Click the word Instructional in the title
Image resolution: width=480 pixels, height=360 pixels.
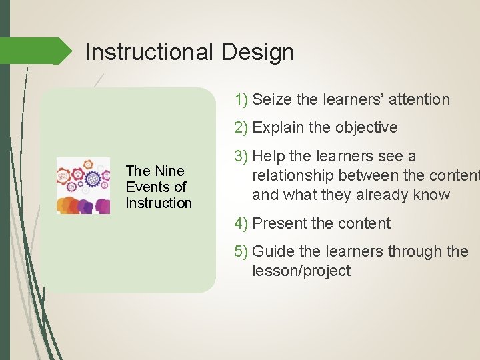click(x=148, y=52)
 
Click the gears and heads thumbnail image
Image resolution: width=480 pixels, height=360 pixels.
click(x=83, y=186)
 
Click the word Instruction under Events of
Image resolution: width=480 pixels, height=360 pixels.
click(x=159, y=203)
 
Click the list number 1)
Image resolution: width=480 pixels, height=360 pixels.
click(x=241, y=100)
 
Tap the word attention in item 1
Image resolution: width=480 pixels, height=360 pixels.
click(x=418, y=100)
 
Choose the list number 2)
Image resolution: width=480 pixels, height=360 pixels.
click(x=241, y=128)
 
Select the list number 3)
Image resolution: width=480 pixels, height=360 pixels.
click(x=241, y=156)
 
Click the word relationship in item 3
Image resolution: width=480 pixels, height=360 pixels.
click(x=293, y=175)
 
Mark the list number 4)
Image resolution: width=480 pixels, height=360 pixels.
click(x=241, y=223)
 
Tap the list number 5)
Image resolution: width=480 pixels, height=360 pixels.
click(x=241, y=251)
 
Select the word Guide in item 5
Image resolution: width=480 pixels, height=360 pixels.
click(x=274, y=251)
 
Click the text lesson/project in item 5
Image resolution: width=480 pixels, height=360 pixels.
click(x=301, y=271)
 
